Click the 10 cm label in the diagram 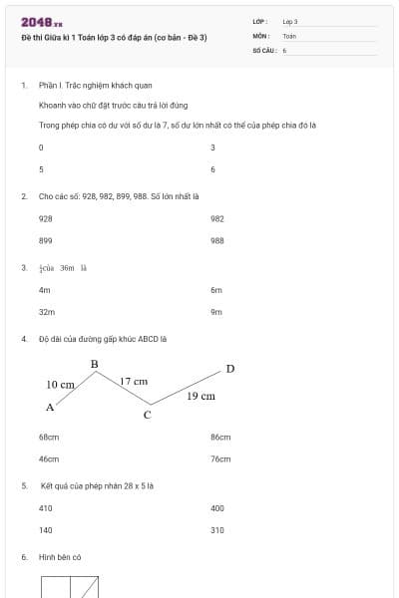60,384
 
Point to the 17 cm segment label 134,381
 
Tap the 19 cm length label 200,396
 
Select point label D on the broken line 229,369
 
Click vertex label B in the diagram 94,364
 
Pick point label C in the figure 147,415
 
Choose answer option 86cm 220,437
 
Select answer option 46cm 49,459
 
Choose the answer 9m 216,312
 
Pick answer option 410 45,508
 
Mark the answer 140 45,530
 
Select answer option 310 217,530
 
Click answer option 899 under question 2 45,240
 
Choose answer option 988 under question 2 217,240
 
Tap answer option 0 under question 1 41,148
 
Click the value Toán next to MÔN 289,35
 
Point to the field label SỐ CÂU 262,49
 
